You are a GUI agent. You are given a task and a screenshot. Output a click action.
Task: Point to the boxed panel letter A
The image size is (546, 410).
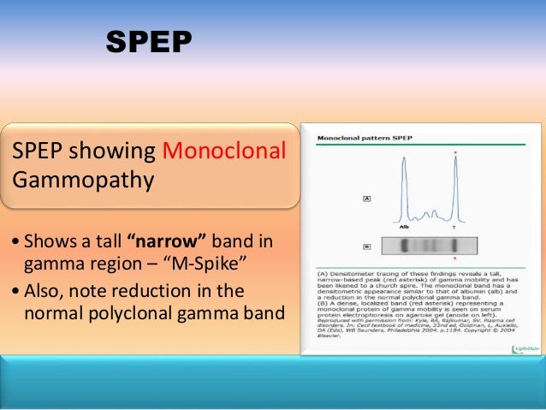pyautogui.click(x=366, y=199)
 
